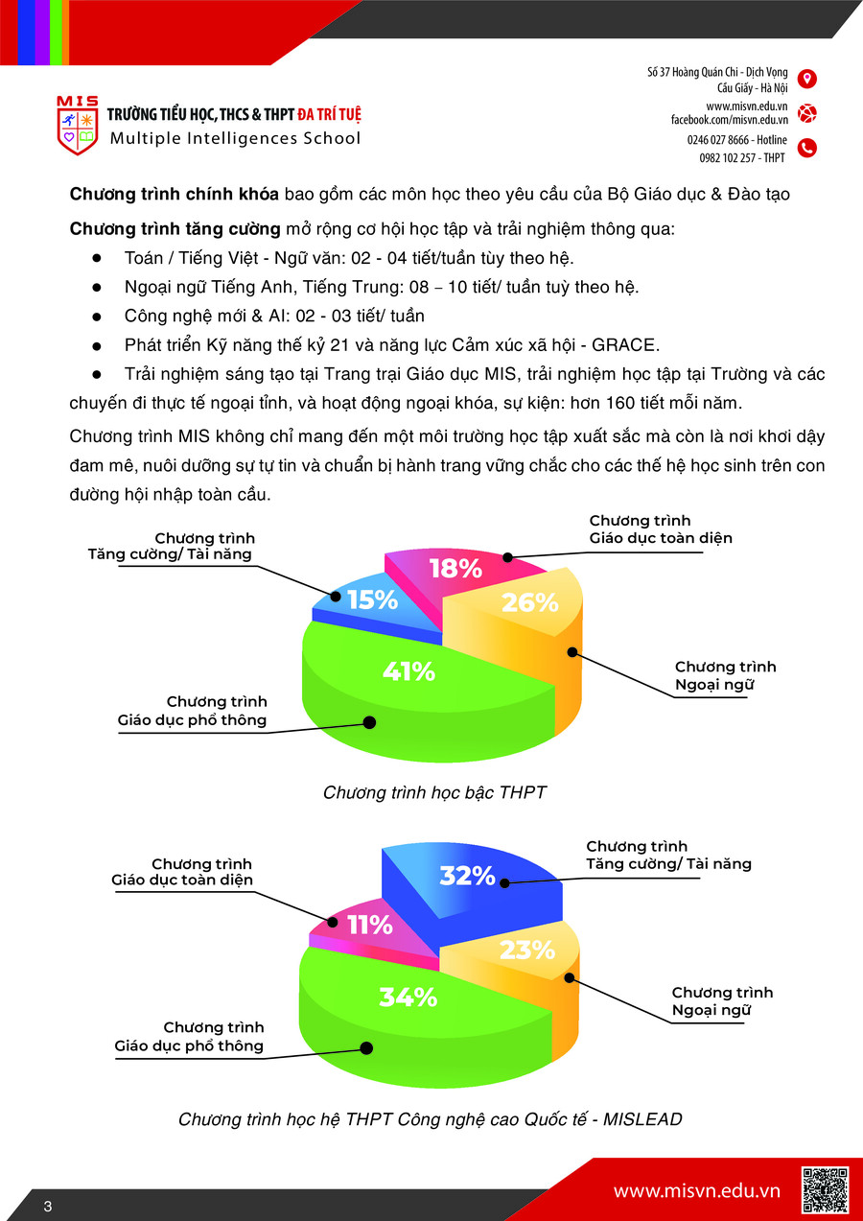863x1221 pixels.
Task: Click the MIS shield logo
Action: [77, 126]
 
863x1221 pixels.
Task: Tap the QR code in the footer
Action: [825, 1189]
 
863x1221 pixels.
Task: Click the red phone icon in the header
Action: [807, 148]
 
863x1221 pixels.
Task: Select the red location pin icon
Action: [807, 79]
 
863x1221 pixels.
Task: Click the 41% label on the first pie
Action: [408, 672]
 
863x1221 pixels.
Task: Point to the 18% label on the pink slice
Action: [455, 569]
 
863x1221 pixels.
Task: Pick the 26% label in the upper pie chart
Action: [531, 602]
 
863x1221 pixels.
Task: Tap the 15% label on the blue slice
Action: [372, 599]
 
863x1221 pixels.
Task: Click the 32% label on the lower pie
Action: [467, 876]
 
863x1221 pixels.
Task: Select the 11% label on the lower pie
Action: [369, 926]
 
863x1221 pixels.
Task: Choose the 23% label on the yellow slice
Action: [527, 951]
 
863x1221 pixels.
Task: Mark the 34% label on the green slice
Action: [408, 998]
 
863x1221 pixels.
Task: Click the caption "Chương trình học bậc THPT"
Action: [434, 792]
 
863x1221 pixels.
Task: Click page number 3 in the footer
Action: [47, 1206]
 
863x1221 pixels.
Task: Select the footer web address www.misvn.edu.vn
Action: [696, 1190]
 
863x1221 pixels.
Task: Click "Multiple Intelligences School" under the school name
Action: [235, 138]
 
